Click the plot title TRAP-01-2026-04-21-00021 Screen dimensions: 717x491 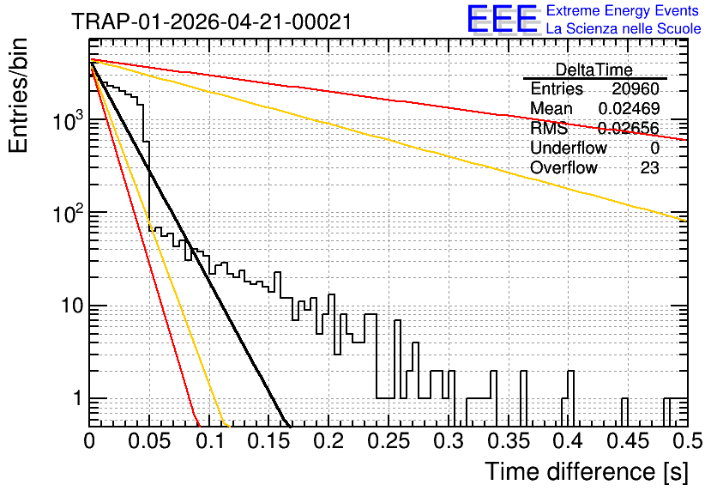coord(212,21)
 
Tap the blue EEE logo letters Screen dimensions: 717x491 coord(503,19)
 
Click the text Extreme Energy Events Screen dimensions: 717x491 coord(623,10)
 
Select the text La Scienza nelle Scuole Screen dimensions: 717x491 coord(624,29)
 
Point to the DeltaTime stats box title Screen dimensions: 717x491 coord(594,70)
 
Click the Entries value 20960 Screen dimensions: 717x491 coord(636,88)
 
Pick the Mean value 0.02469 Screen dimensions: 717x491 coord(629,108)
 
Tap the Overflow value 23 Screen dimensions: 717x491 coord(650,168)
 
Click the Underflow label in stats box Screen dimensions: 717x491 coord(569,148)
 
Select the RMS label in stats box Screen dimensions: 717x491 coord(549,128)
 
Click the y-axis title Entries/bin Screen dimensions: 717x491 coord(18,95)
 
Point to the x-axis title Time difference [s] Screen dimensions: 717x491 coord(587,471)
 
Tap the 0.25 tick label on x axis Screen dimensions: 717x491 coord(389,440)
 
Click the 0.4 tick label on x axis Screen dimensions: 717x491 coord(569,440)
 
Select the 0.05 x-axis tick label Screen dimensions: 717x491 coord(149,440)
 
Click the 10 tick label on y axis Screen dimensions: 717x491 coord(73,306)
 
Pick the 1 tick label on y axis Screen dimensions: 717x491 coord(78,398)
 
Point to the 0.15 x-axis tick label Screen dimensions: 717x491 coord(269,440)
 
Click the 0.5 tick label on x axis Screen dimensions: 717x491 coord(687,440)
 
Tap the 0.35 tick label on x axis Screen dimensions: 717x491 coord(509,440)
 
